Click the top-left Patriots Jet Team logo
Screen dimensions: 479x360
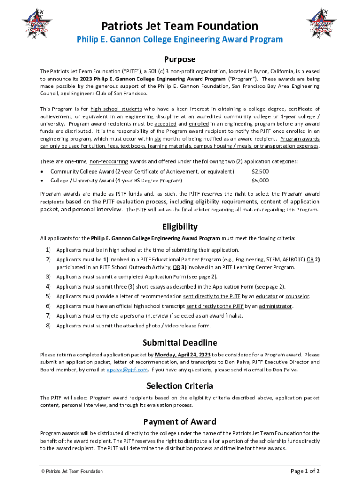pos(37,23)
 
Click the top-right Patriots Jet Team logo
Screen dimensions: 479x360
pos(322,23)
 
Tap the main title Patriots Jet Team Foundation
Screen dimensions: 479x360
pos(180,26)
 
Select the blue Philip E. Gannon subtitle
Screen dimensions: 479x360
pos(180,39)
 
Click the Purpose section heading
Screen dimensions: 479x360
pos(180,59)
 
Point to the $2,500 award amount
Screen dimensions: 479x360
pos(260,171)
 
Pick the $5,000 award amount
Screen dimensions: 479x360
pos(260,180)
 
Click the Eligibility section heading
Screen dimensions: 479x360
pos(180,226)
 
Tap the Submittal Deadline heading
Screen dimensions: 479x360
pos(180,343)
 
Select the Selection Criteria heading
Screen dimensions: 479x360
pos(180,386)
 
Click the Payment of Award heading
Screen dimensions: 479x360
pos(180,421)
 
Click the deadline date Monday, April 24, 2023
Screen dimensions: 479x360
pos(183,354)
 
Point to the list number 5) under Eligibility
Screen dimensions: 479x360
pos(48,296)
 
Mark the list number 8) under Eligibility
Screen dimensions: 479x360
pos(48,326)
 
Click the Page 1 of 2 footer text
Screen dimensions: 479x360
pos(305,471)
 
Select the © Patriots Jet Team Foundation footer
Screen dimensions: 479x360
pos(72,472)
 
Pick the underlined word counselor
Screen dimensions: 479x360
pos(297,296)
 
